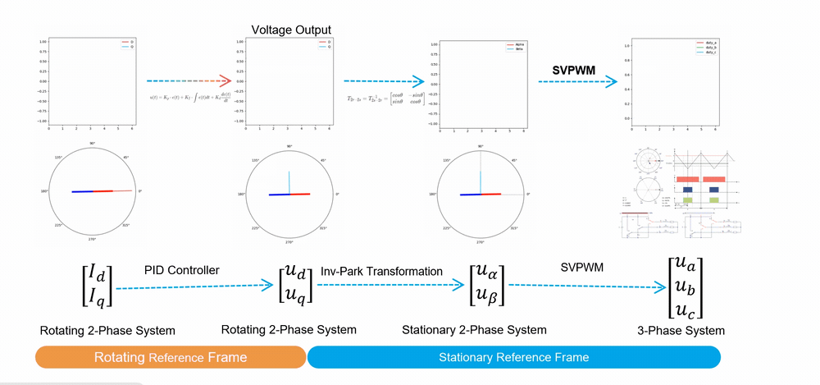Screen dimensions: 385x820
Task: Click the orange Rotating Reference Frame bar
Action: tap(170, 357)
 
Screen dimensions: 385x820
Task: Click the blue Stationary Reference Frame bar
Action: tap(513, 357)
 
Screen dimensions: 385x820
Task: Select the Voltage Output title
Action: tap(290, 30)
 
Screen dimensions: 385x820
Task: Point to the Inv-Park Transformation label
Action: tap(381, 271)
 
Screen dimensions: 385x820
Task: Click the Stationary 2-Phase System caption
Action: tap(474, 330)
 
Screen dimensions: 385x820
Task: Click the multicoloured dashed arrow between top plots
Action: tap(191, 81)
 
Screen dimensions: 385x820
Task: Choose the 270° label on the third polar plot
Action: tap(481, 241)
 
